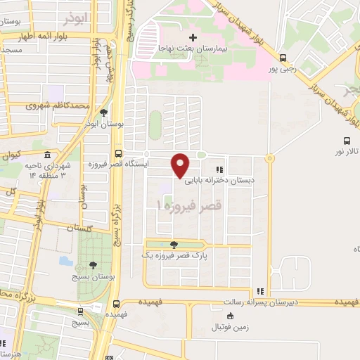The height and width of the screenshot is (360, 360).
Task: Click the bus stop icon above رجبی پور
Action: (283, 58)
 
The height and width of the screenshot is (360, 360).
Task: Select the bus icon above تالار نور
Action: (345, 141)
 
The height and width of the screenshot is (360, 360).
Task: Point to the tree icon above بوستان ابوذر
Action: (104, 112)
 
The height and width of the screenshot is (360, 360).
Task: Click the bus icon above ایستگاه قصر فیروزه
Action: (117, 153)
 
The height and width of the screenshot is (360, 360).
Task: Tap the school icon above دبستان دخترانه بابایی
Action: (219, 169)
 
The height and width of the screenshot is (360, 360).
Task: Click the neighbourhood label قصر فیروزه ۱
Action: (188, 205)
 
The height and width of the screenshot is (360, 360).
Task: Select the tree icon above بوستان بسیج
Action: (93, 264)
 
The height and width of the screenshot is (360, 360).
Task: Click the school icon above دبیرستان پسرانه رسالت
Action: (260, 291)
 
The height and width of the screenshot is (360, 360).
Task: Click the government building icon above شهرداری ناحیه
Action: (47, 155)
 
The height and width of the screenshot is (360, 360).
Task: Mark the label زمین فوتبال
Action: (235, 328)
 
